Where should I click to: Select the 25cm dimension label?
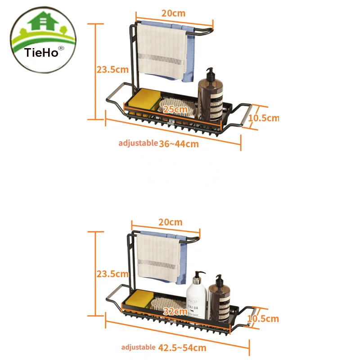pos(175,109)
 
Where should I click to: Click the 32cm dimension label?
pos(175,311)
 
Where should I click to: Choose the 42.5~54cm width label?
pos(182,347)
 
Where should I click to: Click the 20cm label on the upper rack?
pos(173,13)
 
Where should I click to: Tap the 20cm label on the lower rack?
pos(171,222)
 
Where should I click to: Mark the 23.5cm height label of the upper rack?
pos(112,69)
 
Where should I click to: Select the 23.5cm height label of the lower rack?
pos(112,274)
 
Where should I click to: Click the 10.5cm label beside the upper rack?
pos(264,118)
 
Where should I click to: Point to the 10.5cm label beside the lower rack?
pos(263,319)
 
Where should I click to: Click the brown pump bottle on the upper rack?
pos(211,96)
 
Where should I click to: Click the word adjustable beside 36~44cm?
pos(138,143)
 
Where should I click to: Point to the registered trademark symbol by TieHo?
pos(62,48)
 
